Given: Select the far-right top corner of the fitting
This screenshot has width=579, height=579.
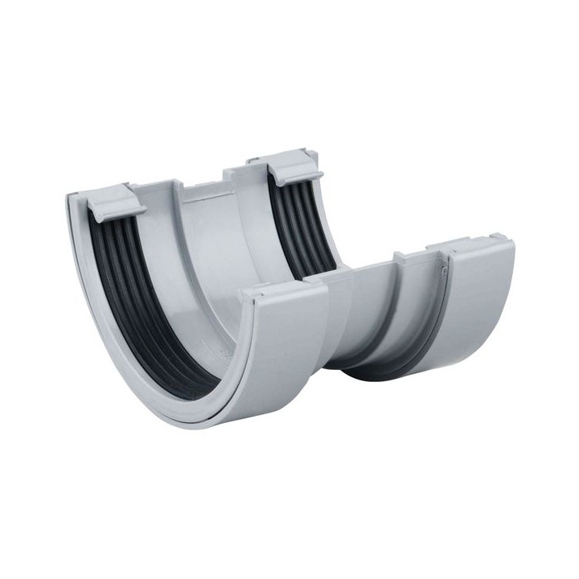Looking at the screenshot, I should click(510, 237).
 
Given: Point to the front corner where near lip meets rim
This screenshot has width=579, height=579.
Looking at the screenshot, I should click(245, 298).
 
